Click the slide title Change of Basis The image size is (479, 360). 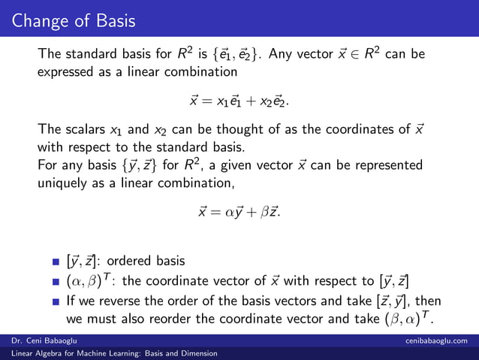point(65,19)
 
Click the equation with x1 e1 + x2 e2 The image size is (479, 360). point(239,100)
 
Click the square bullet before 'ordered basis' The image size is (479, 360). point(56,262)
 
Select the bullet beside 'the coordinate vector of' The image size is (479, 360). point(56,283)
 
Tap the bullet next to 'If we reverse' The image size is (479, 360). point(56,303)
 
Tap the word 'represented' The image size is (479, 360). point(384,165)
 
